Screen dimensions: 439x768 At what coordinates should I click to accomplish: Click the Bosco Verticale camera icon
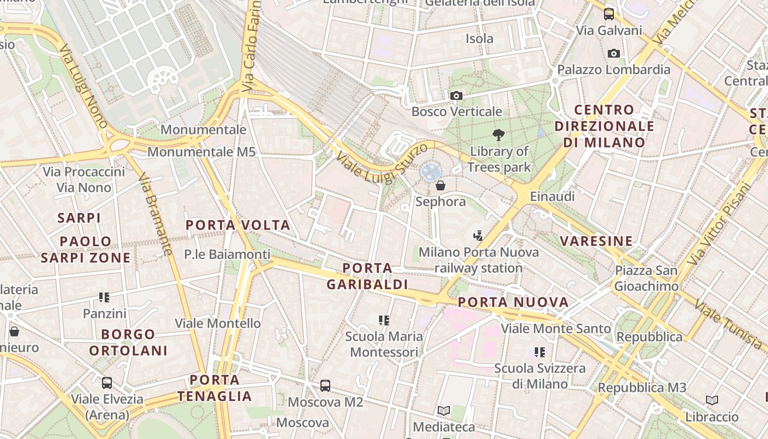click(456, 96)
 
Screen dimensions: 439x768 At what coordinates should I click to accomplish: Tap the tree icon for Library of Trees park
click(499, 134)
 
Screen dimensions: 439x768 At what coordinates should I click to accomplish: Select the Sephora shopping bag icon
click(440, 186)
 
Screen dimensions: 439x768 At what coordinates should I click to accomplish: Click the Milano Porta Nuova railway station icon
click(478, 235)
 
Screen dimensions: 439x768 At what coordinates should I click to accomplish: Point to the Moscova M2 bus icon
click(325, 386)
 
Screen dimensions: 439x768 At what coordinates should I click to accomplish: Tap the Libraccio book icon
click(712, 401)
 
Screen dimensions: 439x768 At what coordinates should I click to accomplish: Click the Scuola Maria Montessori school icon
click(384, 320)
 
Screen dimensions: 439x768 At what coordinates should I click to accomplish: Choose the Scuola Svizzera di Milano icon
click(540, 352)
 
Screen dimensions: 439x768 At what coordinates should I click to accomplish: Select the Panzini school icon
click(104, 297)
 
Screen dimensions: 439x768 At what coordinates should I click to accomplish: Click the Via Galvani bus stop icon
click(608, 14)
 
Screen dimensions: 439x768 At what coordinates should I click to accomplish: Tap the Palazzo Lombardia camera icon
click(614, 54)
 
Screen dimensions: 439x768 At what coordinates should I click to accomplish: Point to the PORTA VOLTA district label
click(238, 225)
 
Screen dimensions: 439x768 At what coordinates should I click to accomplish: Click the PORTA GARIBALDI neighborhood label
click(367, 276)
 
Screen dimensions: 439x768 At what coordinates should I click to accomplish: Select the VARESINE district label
click(596, 241)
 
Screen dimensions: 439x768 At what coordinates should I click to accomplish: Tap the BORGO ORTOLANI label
click(128, 342)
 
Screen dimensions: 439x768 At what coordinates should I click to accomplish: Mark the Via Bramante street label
click(155, 215)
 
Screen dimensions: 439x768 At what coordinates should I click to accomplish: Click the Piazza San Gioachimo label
click(646, 278)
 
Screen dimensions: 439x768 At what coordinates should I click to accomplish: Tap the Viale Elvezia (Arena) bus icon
click(107, 382)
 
